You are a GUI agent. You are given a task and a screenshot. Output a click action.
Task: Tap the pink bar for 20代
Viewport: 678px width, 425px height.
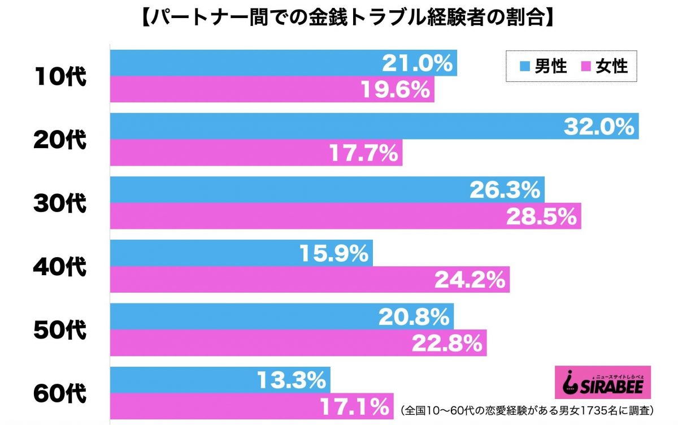click(226, 153)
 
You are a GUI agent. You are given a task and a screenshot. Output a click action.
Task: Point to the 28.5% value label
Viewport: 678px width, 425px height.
click(541, 216)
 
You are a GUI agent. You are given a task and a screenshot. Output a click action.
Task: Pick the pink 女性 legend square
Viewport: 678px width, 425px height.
click(586, 67)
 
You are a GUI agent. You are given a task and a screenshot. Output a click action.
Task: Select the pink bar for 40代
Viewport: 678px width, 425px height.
click(282, 280)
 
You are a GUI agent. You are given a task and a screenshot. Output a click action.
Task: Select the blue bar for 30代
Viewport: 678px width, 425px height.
click(282, 190)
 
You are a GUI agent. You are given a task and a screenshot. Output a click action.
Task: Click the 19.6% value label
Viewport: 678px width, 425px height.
click(395, 90)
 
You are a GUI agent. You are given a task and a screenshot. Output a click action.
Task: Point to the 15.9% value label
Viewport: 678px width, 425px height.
click(333, 254)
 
